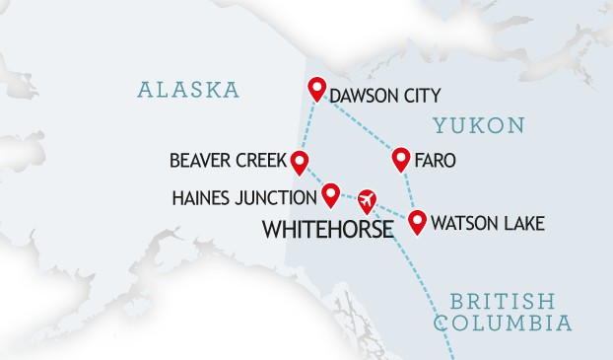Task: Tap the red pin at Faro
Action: click(x=401, y=158)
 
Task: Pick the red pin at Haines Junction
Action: click(x=330, y=191)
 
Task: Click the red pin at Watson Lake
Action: click(x=417, y=220)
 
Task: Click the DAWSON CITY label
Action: click(x=384, y=96)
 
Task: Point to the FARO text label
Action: click(x=436, y=161)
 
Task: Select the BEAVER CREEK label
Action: click(x=227, y=160)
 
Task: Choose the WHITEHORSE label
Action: click(x=327, y=231)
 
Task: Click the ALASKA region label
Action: click(x=188, y=90)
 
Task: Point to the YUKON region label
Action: click(x=479, y=126)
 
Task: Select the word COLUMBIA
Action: click(x=504, y=324)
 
